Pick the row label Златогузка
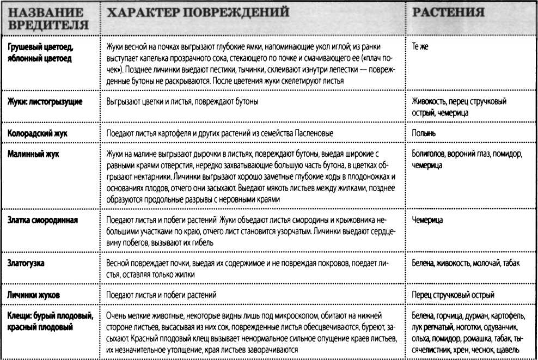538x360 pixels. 26,264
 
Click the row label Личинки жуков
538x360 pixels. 34,295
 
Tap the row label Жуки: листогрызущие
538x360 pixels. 45,101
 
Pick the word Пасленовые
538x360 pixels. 310,132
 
